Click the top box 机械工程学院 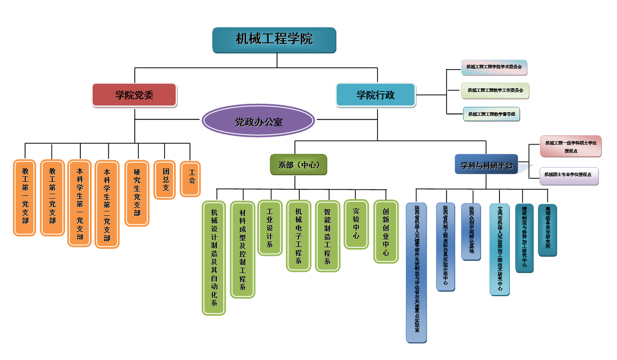(x=274, y=40)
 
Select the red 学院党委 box (x=134, y=95)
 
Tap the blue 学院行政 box (x=376, y=95)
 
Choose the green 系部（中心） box (x=299, y=164)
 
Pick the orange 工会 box (x=190, y=178)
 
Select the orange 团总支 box (x=165, y=180)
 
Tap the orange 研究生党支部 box (x=137, y=192)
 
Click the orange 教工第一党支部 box (x=24, y=197)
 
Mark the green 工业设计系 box (x=270, y=227)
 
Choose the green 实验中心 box (x=356, y=224)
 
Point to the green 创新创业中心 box (x=386, y=231)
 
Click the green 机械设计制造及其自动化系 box (x=214, y=258)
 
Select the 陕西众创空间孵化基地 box (x=471, y=231)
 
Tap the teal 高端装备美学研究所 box (x=547, y=230)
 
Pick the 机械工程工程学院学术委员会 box (x=494, y=67)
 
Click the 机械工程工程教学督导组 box (x=491, y=114)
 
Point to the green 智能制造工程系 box (x=327, y=236)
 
